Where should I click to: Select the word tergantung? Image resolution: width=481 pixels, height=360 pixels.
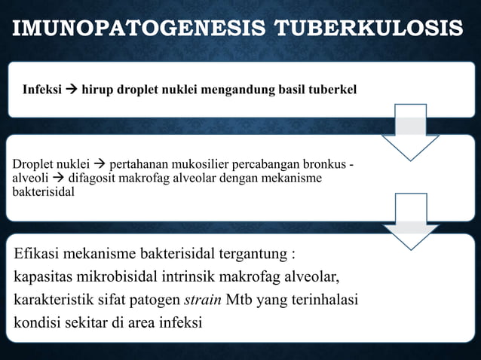click(x=259, y=252)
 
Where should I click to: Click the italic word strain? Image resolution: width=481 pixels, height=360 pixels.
click(x=200, y=300)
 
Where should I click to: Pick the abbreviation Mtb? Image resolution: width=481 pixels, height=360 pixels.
click(x=234, y=300)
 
